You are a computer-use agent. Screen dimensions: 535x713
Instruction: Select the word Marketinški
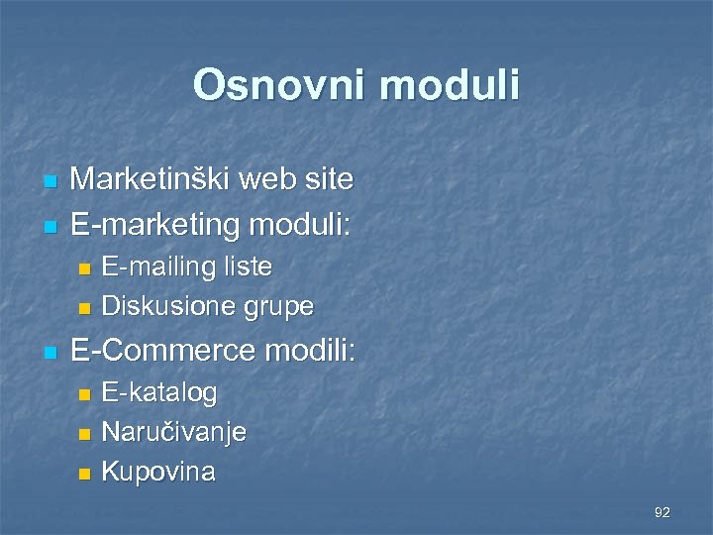(x=154, y=179)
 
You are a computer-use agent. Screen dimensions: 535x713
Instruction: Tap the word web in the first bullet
(x=276, y=179)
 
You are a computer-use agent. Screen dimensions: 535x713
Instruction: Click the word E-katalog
(x=159, y=393)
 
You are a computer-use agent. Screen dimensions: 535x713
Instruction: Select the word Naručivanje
(x=174, y=433)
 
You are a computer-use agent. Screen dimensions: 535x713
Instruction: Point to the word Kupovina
(x=158, y=472)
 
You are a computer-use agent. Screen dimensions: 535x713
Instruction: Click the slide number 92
(x=662, y=512)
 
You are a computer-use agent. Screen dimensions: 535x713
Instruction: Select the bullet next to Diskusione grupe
(x=85, y=308)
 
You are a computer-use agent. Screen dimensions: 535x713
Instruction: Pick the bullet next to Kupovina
(x=85, y=474)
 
